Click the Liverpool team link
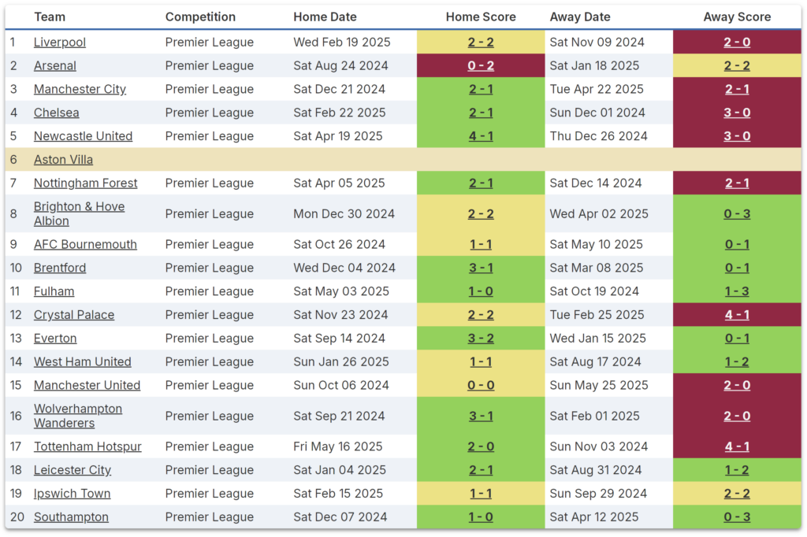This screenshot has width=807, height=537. [60, 43]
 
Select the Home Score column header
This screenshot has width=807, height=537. [481, 17]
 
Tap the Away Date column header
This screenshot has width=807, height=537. [580, 17]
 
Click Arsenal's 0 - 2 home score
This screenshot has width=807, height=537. [481, 66]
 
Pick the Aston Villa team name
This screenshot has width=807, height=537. [63, 160]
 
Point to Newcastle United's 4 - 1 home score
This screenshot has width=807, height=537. [481, 136]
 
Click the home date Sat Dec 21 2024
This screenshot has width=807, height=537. [340, 90]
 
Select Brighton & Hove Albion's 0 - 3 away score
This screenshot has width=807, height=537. [737, 214]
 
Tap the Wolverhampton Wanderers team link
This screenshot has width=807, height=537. [78, 416]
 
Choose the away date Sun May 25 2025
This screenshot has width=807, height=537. [599, 386]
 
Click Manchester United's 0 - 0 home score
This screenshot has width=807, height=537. [481, 386]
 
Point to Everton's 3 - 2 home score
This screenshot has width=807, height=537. [481, 339]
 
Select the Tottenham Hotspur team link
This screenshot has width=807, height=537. [87, 447]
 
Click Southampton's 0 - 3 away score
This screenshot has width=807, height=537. [737, 517]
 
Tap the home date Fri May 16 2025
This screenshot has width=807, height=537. [338, 447]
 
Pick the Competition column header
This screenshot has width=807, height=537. [200, 17]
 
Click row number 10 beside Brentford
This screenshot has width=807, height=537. [16, 268]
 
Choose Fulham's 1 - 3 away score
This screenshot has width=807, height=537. [737, 292]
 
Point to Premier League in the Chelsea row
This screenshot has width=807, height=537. [210, 113]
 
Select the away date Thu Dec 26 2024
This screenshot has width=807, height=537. [599, 136]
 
